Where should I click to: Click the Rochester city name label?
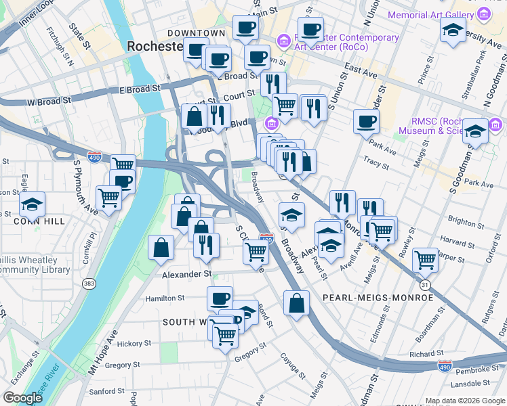click(x=155, y=47)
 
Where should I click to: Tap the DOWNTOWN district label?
click(x=196, y=32)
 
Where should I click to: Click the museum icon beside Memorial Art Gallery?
click(x=483, y=14)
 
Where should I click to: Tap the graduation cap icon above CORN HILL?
click(x=32, y=203)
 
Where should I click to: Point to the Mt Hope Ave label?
click(x=103, y=353)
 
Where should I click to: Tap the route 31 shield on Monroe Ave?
click(x=424, y=286)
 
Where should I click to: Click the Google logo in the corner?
click(x=22, y=398)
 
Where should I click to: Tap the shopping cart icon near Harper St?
click(x=425, y=258)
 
